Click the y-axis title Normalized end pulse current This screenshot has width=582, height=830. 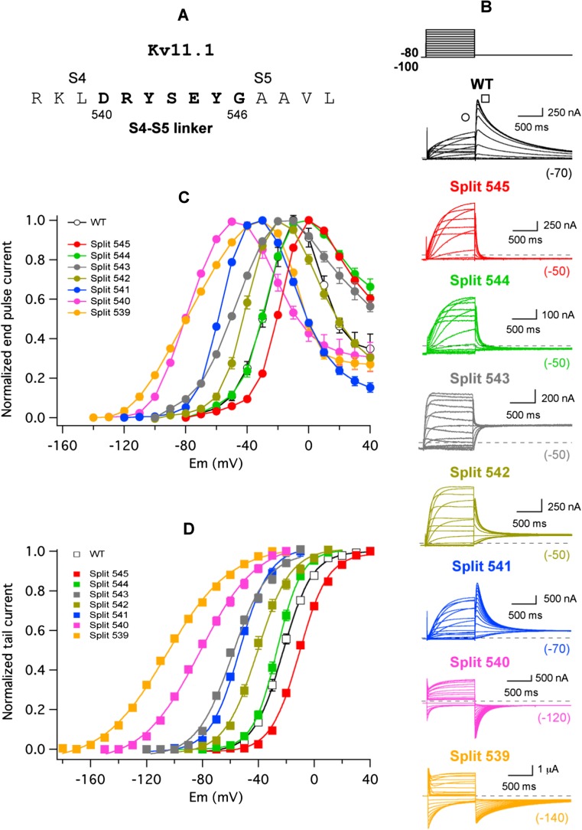pos(9,319)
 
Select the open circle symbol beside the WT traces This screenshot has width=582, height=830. pos(465,117)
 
